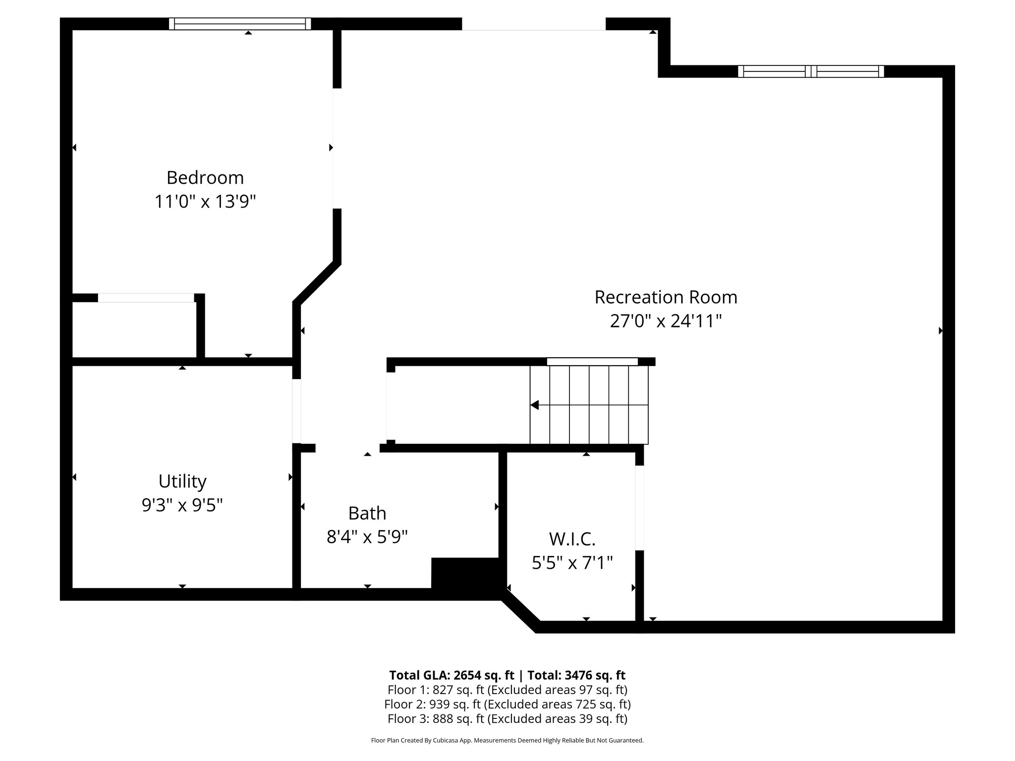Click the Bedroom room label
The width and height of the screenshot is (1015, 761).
click(x=205, y=177)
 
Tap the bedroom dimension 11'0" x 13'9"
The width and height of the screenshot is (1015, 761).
click(x=205, y=202)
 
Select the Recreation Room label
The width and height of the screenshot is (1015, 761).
click(x=666, y=297)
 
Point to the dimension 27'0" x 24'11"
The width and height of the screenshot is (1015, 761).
click(x=666, y=321)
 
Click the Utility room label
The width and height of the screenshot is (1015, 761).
click(x=182, y=481)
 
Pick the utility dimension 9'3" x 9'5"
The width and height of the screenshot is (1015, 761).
click(x=182, y=505)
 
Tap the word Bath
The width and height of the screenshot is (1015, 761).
click(x=367, y=513)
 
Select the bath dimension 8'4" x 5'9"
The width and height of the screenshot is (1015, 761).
click(x=367, y=537)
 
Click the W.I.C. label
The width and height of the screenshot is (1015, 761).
click(x=572, y=539)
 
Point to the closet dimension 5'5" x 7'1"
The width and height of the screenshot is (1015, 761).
click(x=572, y=562)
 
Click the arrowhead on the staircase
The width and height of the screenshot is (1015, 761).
click(x=534, y=405)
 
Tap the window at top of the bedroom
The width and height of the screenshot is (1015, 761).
click(x=240, y=24)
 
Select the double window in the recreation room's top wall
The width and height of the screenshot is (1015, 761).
click(x=811, y=71)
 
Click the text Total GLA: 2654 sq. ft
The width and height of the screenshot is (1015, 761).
click(x=451, y=675)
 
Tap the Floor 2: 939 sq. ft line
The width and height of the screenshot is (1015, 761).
click(x=507, y=704)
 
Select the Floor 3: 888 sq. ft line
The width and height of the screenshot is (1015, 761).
click(x=507, y=718)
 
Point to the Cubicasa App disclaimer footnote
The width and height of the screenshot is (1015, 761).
click(x=507, y=741)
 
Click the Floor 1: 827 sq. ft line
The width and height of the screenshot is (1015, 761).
click(x=507, y=690)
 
